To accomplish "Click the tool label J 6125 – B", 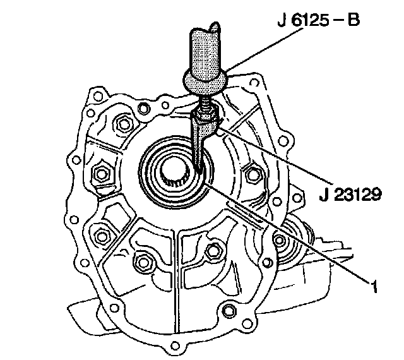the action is pyautogui.click(x=318, y=20).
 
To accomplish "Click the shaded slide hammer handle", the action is pyautogui.click(x=205, y=53).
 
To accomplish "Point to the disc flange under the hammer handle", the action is pyautogui.click(x=205, y=83).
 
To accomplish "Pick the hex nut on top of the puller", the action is pyautogui.click(x=205, y=116).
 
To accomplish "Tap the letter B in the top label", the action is pyautogui.click(x=353, y=20).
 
